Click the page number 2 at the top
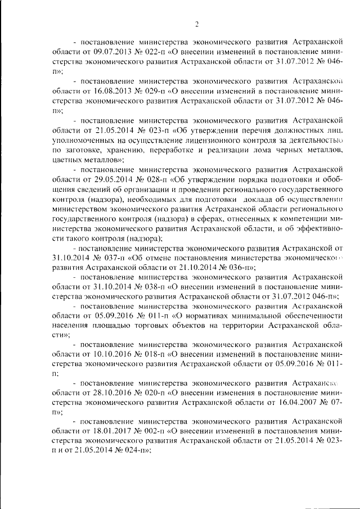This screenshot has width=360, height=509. click(197, 24)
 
